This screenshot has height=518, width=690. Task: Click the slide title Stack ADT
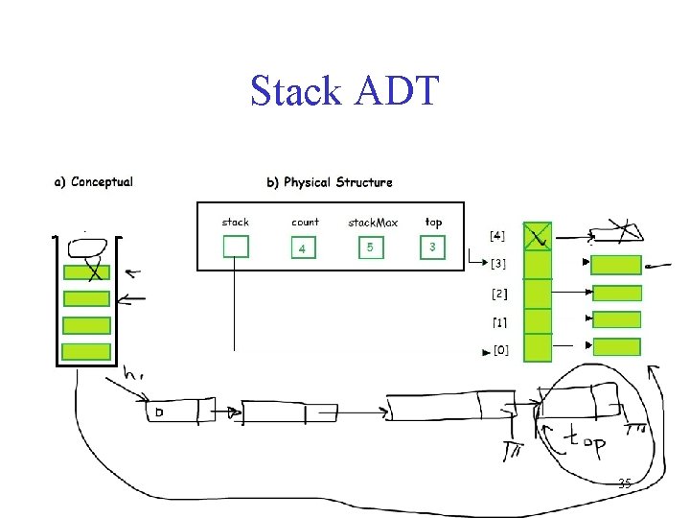pos(344,92)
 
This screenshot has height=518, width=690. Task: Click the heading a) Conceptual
pos(93,181)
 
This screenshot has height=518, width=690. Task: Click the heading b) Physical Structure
pos(329,181)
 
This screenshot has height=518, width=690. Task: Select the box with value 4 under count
pos(304,247)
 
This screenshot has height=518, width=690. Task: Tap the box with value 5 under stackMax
pos(370,247)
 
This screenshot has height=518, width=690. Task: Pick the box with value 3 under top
pos(433,247)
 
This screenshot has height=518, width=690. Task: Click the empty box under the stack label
pos(235,247)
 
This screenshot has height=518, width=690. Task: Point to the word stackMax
pos(373,223)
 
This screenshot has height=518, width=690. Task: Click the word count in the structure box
pos(305,222)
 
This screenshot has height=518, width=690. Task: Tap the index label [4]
pos(498,234)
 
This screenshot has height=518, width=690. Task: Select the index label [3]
pos(499,264)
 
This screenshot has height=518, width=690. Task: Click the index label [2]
pos(499,294)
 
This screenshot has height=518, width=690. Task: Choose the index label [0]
pos(501,351)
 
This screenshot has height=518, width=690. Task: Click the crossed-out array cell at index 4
pos(539,235)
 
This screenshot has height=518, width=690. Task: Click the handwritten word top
pos(583,443)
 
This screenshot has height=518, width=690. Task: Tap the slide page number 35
pos(624,483)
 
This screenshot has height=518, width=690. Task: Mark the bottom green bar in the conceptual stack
pos(86,352)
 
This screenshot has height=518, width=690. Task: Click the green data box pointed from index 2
pos(616,294)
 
